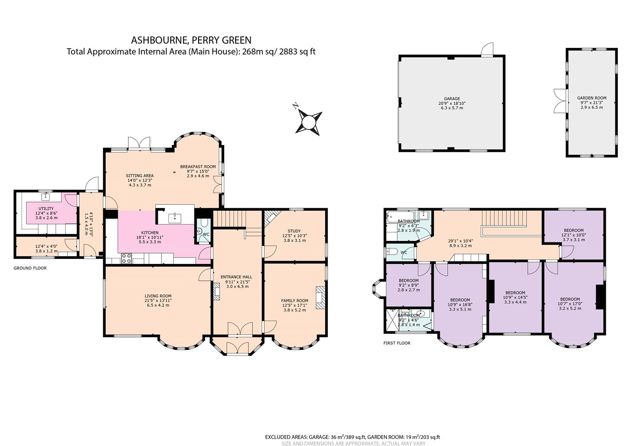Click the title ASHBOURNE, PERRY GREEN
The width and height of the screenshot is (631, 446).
pos(191,40)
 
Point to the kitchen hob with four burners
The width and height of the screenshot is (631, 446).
pos(126,259)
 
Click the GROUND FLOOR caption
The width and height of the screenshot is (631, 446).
pos(30,268)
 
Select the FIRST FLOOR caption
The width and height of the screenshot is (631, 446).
pos(396,343)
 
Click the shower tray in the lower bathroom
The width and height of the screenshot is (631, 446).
pos(391,320)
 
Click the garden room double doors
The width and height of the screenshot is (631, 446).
pos(559,101)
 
